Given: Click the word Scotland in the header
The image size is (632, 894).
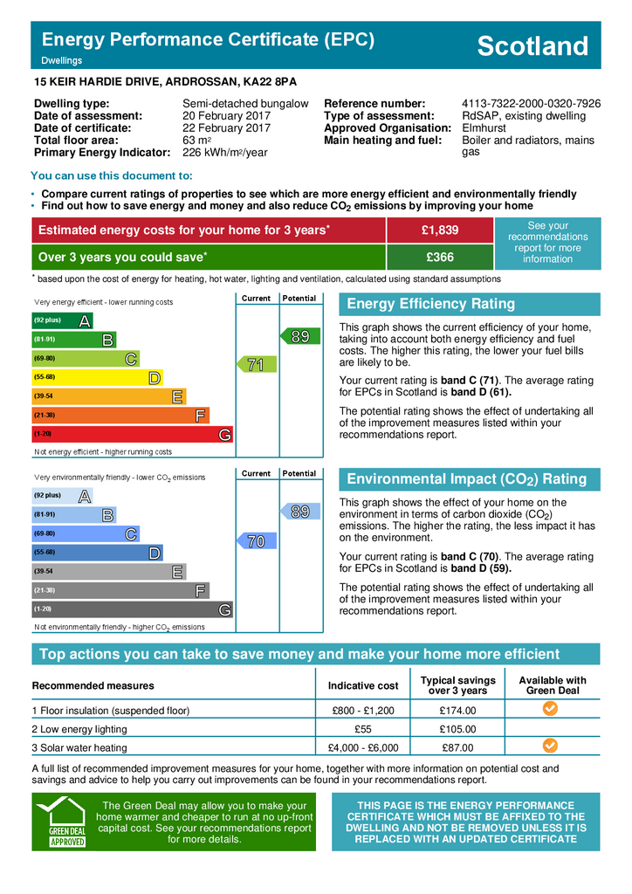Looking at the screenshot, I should [x=532, y=46].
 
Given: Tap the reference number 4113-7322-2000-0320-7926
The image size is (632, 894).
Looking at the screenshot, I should [x=531, y=104].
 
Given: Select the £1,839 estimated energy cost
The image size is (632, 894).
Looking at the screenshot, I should [x=440, y=230].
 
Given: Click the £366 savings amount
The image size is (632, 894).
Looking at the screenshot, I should [x=440, y=258].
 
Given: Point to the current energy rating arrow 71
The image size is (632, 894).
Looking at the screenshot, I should [x=254, y=365].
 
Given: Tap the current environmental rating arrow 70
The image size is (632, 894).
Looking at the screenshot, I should [x=254, y=541].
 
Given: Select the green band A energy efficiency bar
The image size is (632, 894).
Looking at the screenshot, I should [x=61, y=320].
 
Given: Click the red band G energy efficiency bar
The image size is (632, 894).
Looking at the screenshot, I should [x=131, y=434].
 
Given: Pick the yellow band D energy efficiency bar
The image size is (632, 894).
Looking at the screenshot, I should [x=96, y=377].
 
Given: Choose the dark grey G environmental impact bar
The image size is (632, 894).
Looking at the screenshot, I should [x=131, y=609].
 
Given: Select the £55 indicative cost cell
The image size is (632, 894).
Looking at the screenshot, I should [x=364, y=729].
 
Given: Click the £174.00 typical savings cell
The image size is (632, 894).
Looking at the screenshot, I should [x=457, y=711].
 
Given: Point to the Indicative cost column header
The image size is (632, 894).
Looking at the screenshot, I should [x=364, y=686].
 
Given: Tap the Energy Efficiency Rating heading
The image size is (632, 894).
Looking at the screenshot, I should [x=431, y=305].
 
